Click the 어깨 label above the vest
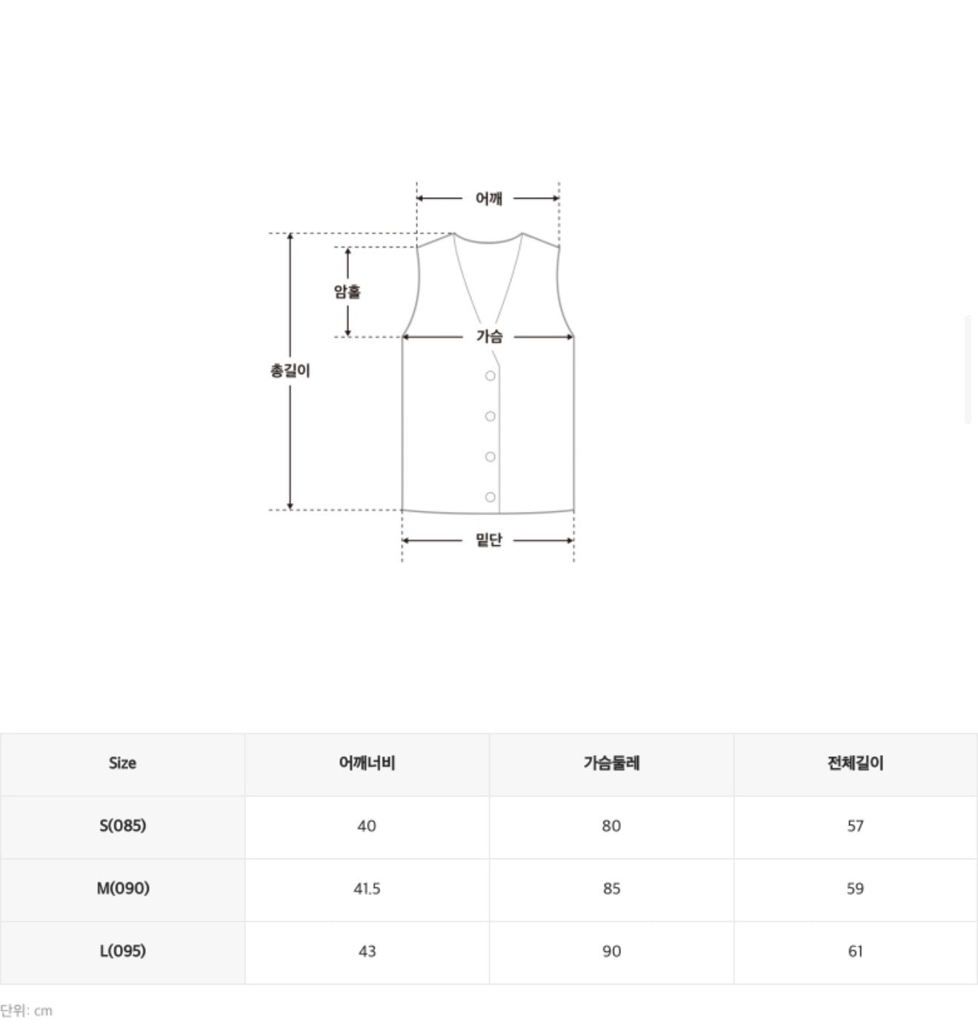click(x=489, y=199)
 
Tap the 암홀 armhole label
click(x=347, y=291)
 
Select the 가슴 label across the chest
click(x=489, y=336)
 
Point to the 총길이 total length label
click(x=290, y=370)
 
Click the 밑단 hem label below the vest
click(x=489, y=539)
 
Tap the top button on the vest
click(x=490, y=376)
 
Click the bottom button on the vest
click(x=490, y=497)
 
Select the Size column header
click(x=122, y=763)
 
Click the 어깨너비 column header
click(x=367, y=763)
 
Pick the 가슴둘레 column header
click(x=611, y=763)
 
